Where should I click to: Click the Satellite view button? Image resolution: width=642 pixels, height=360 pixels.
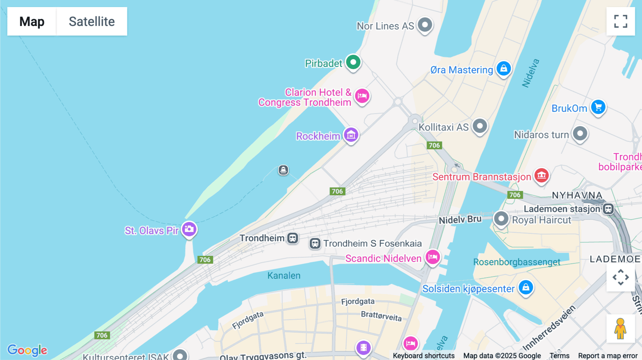[92, 21]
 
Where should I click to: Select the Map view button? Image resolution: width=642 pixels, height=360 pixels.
[32, 21]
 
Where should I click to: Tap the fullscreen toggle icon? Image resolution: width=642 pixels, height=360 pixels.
[621, 21]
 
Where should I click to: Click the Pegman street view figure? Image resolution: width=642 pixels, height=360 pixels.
[620, 328]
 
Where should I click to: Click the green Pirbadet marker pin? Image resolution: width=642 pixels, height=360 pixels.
[353, 62]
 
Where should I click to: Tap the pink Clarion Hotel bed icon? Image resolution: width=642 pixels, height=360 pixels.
[362, 96]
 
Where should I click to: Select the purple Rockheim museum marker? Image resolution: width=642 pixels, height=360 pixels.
[351, 135]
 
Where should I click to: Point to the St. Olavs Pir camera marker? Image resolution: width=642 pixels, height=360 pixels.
[189, 229]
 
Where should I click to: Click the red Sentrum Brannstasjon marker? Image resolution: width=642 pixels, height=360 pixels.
[541, 175]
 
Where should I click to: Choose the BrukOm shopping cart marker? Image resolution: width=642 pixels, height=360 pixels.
[598, 107]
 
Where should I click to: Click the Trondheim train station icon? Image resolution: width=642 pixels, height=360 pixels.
[293, 238]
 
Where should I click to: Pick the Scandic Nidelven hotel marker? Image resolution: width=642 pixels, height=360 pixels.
[433, 257]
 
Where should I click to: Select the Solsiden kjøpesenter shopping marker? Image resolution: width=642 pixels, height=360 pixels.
[526, 287]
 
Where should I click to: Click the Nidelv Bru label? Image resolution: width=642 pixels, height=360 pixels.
[460, 220]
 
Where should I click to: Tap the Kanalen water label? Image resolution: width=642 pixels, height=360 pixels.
[284, 276]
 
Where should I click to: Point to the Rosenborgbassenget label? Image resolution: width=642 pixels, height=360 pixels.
[516, 262]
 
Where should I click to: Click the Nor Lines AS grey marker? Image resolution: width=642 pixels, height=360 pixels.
[425, 25]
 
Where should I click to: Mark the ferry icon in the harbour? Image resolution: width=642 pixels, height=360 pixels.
[283, 170]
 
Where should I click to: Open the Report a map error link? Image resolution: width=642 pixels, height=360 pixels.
[607, 356]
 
